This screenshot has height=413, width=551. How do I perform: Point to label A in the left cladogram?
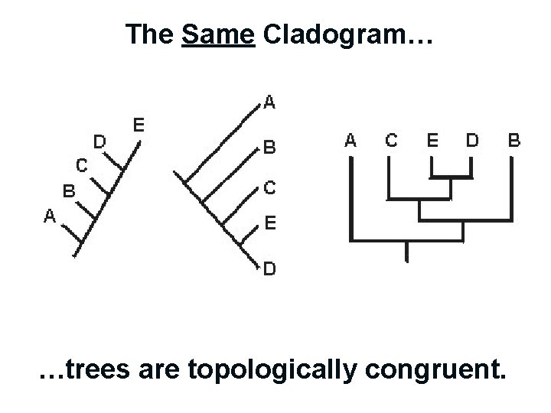tap(49, 216)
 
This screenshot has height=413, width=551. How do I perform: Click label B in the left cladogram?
tap(68, 191)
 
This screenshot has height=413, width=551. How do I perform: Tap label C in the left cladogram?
tap(80, 164)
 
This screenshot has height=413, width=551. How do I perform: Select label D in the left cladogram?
tap(99, 141)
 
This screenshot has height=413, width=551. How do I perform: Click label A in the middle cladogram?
tap(269, 102)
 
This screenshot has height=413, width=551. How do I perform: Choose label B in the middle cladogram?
tap(269, 148)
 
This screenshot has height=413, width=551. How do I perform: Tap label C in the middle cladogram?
tap(269, 187)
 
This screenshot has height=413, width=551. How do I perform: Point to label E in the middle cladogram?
tap(269, 223)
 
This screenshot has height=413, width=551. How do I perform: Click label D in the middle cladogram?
tap(269, 268)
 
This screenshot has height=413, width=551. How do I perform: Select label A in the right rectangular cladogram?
tap(350, 140)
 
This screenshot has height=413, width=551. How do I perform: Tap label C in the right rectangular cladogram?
tap(391, 140)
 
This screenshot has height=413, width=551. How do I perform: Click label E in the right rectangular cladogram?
tap(432, 140)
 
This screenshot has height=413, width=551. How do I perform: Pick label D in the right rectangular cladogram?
tap(473, 140)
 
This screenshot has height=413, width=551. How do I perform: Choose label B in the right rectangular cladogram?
tap(514, 140)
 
